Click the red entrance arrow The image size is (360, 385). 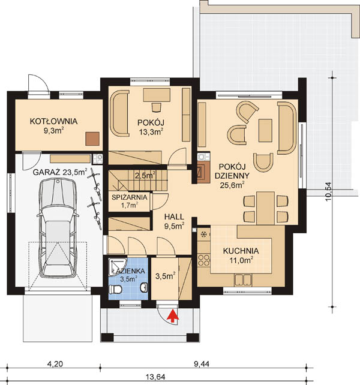pyautogui.click(x=173, y=316)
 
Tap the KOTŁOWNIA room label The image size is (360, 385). pyautogui.click(x=53, y=121)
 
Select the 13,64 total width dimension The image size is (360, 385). pyautogui.click(x=155, y=377)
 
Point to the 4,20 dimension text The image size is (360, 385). pyautogui.click(x=55, y=363)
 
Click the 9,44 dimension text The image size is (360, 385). pyautogui.click(x=202, y=363)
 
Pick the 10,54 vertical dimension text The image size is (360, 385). pyautogui.click(x=329, y=192)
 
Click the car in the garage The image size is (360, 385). pyautogui.click(x=58, y=227)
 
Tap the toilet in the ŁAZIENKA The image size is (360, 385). pyautogui.click(x=115, y=289)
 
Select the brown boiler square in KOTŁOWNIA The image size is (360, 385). pyautogui.click(x=92, y=139)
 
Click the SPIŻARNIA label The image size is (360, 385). pyautogui.click(x=130, y=197)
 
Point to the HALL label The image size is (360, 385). pyautogui.click(x=174, y=217)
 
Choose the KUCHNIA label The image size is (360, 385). pyautogui.click(x=241, y=251)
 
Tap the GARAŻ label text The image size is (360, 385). pyautogui.click(x=46, y=172)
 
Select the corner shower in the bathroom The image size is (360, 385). pyautogui.click(x=118, y=266)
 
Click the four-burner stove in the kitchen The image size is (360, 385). pyautogui.click(x=204, y=260)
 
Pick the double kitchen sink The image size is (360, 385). pyautogui.click(x=243, y=280)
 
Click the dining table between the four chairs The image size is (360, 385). pyautogui.click(x=266, y=208)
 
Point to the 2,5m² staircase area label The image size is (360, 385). pyautogui.click(x=145, y=175)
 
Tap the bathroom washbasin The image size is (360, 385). pyautogui.click(x=144, y=287)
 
